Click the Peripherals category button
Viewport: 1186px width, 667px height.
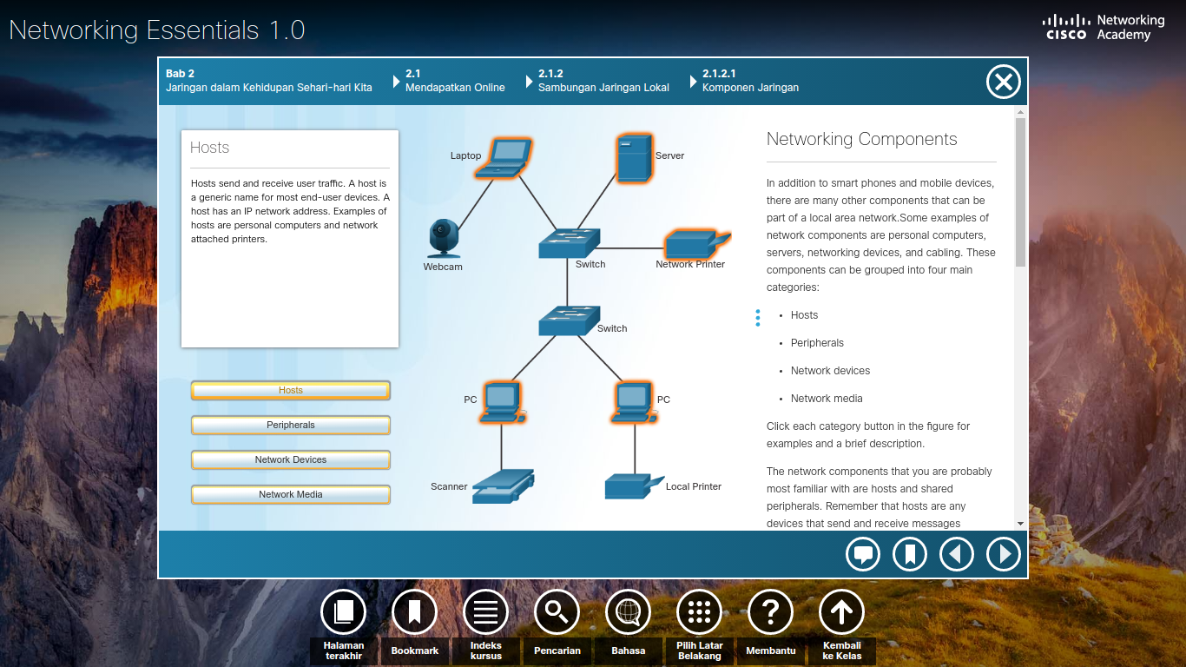click(x=290, y=425)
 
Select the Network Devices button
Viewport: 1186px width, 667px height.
click(x=290, y=459)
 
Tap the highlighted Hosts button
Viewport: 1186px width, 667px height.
click(x=290, y=390)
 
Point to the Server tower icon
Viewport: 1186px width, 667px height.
click(x=633, y=157)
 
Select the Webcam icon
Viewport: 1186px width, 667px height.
click(x=444, y=239)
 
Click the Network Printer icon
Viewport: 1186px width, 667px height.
click(x=695, y=245)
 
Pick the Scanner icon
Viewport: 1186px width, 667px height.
click(x=503, y=486)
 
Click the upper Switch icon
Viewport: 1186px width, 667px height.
click(x=569, y=243)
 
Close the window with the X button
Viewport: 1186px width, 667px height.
click(x=1003, y=83)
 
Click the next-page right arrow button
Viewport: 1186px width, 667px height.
click(x=1003, y=554)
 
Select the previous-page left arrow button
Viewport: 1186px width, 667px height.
click(x=956, y=554)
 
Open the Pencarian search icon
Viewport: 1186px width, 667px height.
click(x=557, y=612)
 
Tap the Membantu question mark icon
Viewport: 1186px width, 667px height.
click(x=770, y=612)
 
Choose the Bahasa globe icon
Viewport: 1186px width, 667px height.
click(x=628, y=612)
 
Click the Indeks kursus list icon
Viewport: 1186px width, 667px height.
click(x=485, y=612)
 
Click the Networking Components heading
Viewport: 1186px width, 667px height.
click(x=861, y=139)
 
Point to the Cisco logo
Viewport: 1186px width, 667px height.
click(x=1066, y=27)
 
